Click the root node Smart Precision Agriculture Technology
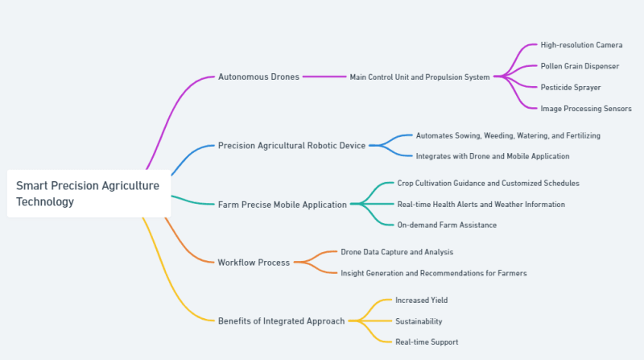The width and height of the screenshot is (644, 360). pyautogui.click(x=88, y=193)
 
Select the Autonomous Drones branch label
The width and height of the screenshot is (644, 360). pyautogui.click(x=258, y=77)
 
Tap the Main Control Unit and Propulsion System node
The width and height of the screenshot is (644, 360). pyautogui.click(x=419, y=77)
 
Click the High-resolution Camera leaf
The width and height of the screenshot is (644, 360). pyautogui.click(x=581, y=45)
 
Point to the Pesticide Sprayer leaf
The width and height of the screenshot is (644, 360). pyautogui.click(x=570, y=87)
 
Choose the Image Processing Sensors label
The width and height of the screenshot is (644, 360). pyautogui.click(x=585, y=108)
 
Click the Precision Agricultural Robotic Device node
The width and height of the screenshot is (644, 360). pyautogui.click(x=291, y=146)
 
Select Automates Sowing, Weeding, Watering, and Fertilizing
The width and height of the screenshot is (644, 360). pyautogui.click(x=507, y=135)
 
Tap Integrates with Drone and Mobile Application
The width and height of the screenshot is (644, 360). pyautogui.click(x=492, y=156)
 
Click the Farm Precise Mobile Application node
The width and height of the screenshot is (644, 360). pyautogui.click(x=282, y=205)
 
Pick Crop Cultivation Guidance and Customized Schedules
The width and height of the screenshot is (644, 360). pyautogui.click(x=488, y=184)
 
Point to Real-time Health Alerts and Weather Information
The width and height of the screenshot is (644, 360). pyautogui.click(x=481, y=205)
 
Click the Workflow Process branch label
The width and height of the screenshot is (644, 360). pyautogui.click(x=254, y=263)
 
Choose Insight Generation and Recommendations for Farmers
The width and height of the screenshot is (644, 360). pyautogui.click(x=433, y=273)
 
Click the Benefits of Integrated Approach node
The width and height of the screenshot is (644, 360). pyautogui.click(x=281, y=321)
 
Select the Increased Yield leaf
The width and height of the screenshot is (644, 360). pyautogui.click(x=421, y=300)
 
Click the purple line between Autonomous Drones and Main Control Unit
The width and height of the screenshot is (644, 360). pyautogui.click(x=324, y=77)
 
